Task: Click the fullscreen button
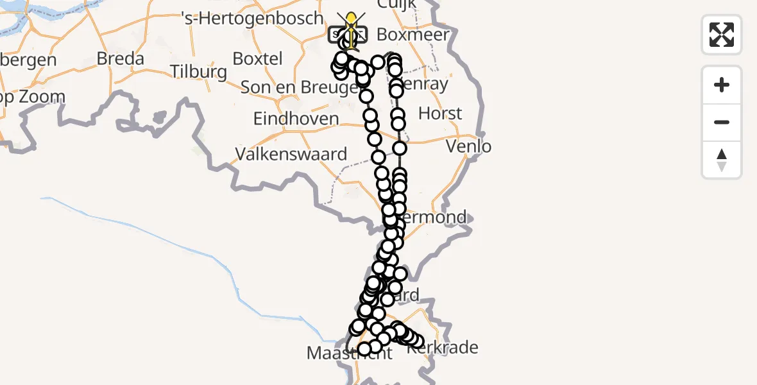(x=722, y=35)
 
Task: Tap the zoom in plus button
(x=722, y=85)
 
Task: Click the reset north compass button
(x=722, y=160)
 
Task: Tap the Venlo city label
(x=469, y=146)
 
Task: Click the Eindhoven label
(x=296, y=119)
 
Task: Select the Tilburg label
(x=200, y=71)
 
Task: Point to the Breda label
(x=120, y=59)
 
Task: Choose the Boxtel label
(x=257, y=58)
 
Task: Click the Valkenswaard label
(x=291, y=154)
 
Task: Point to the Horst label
(x=440, y=114)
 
